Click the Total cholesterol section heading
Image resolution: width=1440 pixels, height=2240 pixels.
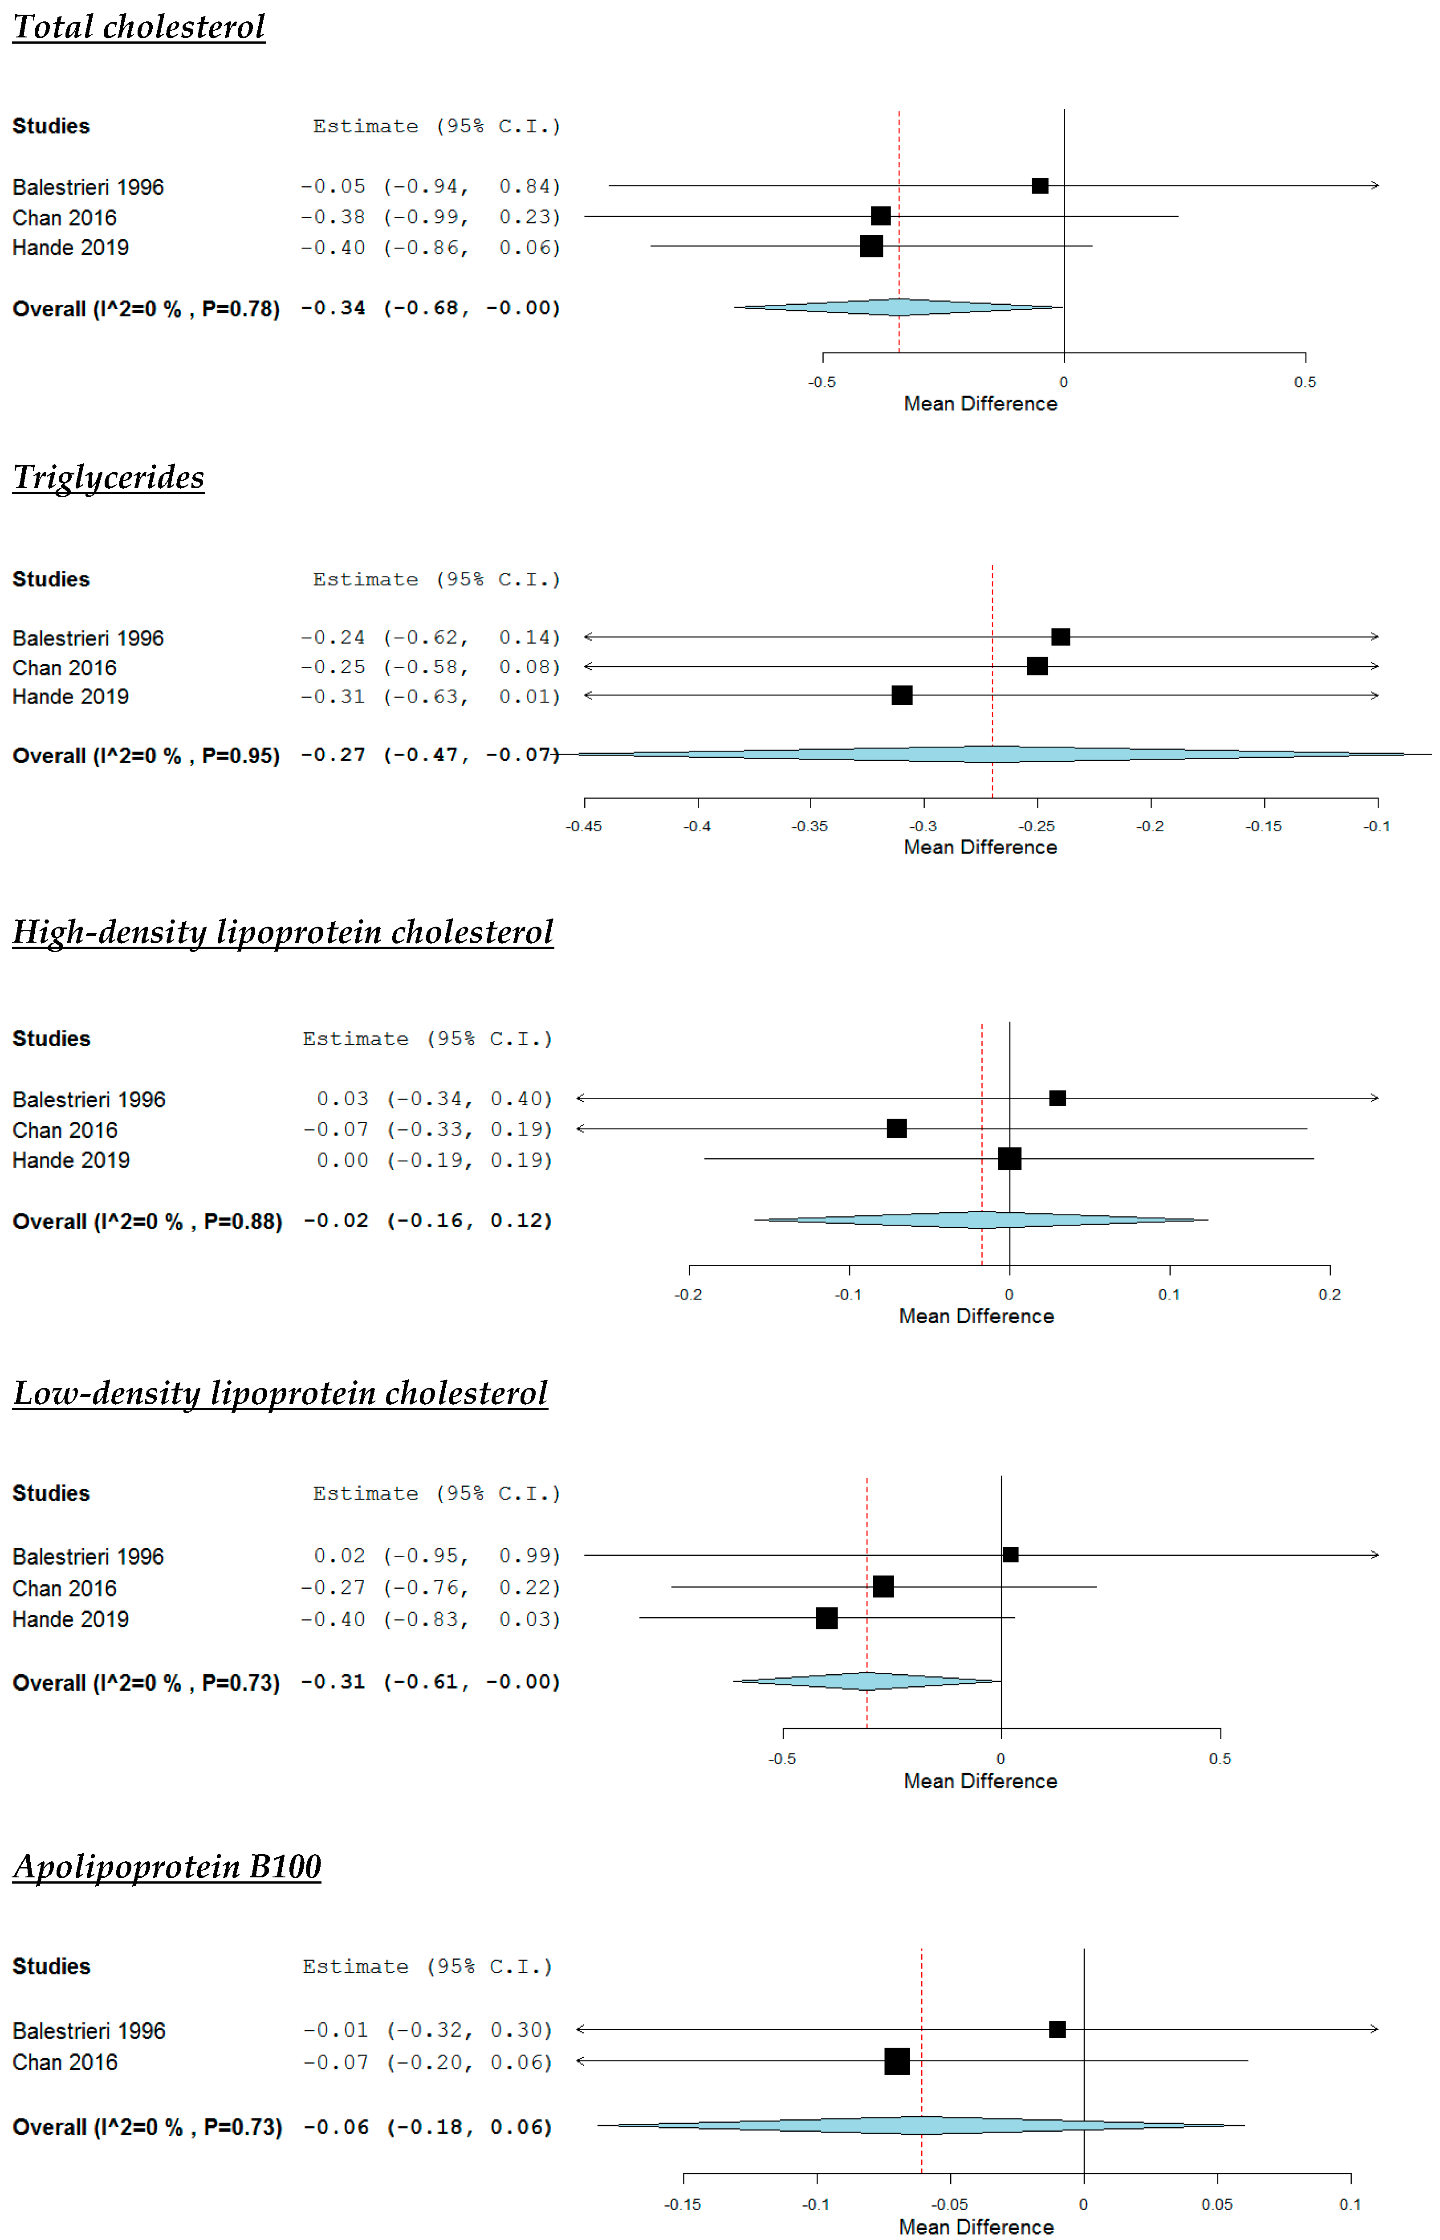[x=138, y=27]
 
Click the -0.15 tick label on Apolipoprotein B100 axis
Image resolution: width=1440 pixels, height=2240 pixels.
[x=683, y=2204]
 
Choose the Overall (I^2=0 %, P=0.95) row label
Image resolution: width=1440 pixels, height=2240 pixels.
[x=146, y=756]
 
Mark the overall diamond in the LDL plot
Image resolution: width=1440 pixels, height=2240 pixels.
[x=868, y=1681]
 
